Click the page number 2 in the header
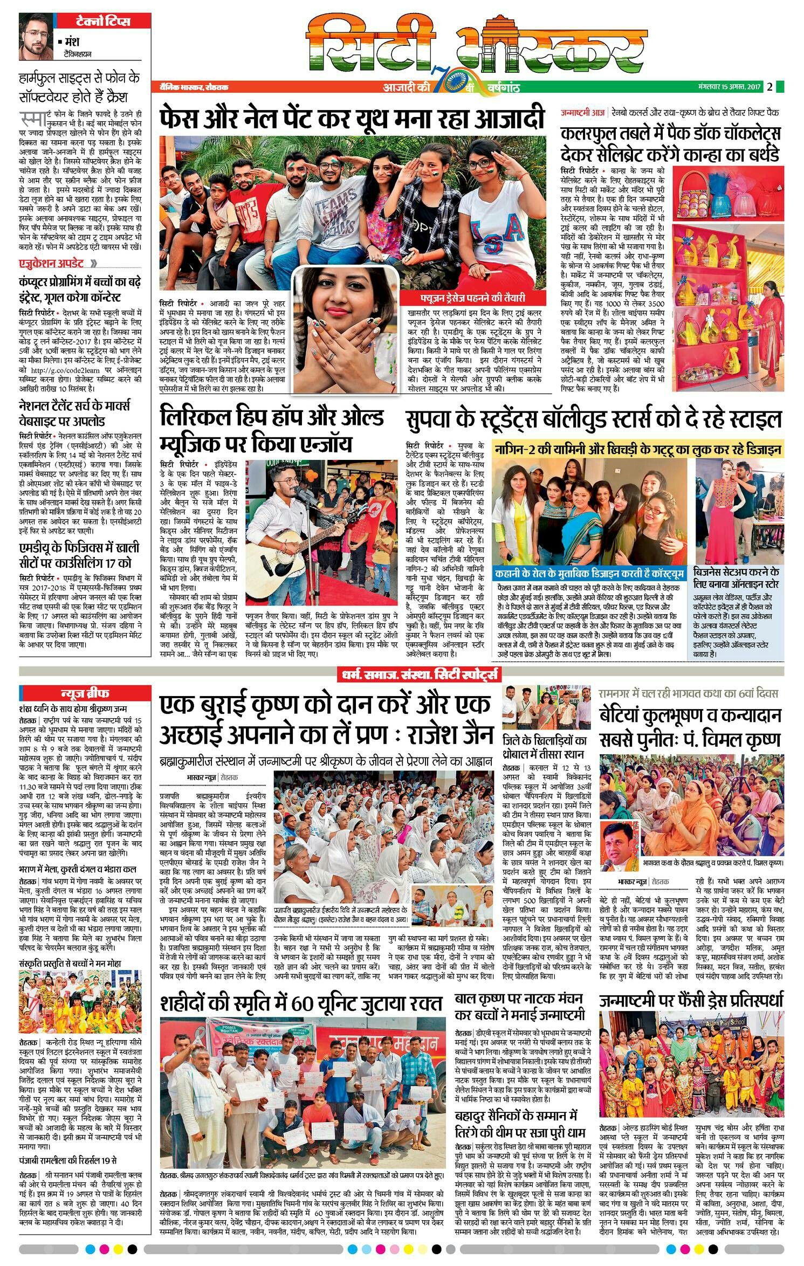770,87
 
